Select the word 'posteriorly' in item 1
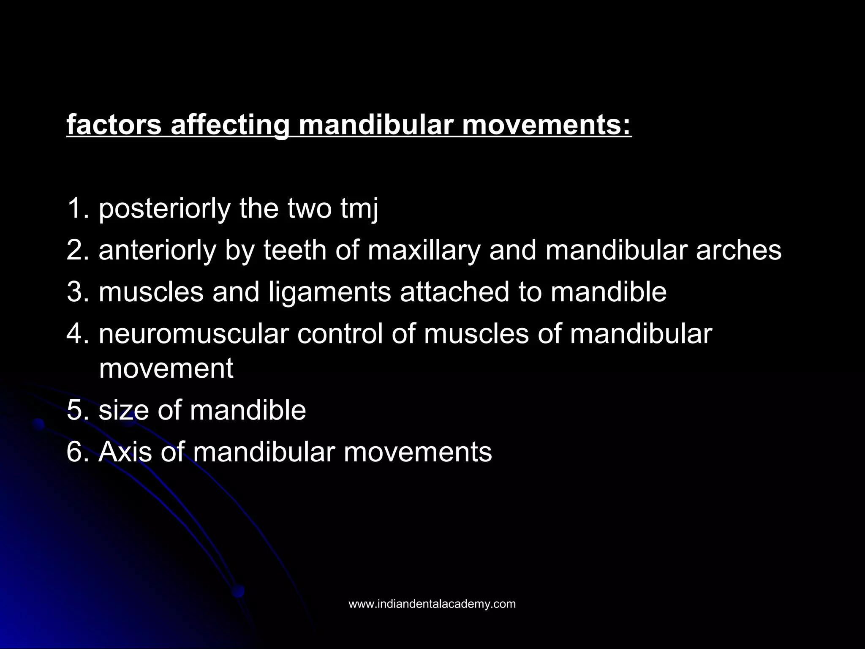tap(165, 209)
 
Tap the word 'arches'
tap(739, 250)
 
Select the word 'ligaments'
tap(330, 292)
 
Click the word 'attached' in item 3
tap(454, 292)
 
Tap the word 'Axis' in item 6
tap(125, 452)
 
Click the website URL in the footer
tap(432, 604)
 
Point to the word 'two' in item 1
tap(310, 209)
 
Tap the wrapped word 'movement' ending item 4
tap(166, 368)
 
